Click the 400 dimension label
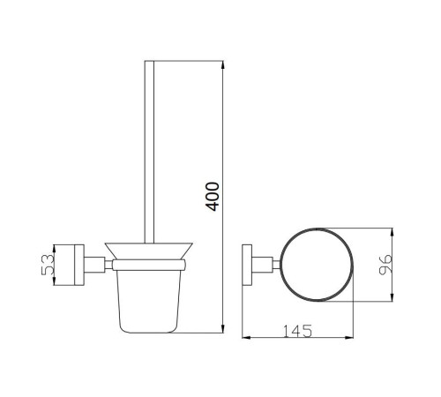[213, 197]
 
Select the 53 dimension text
[48, 265]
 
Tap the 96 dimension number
[385, 265]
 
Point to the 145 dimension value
[297, 331]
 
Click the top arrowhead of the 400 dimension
[222, 64]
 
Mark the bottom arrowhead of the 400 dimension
[222, 329]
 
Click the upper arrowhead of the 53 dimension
[54, 249]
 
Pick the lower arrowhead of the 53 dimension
[54, 281]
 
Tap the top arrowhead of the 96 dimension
[392, 232]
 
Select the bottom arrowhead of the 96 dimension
[392, 297]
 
